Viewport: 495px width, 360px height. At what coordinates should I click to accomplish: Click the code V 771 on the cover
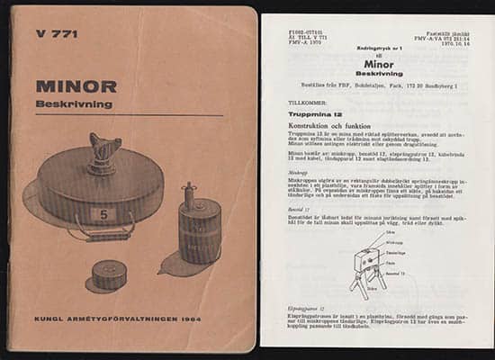pyautogui.click(x=57, y=34)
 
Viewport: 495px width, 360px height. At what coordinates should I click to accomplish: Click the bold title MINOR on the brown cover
pyautogui.click(x=76, y=87)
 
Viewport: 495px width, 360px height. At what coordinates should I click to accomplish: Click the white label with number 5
pyautogui.click(x=103, y=215)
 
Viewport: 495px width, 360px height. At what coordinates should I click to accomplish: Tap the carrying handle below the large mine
pyautogui.click(x=98, y=236)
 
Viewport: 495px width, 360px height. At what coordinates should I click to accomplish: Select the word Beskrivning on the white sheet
pyautogui.click(x=379, y=74)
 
